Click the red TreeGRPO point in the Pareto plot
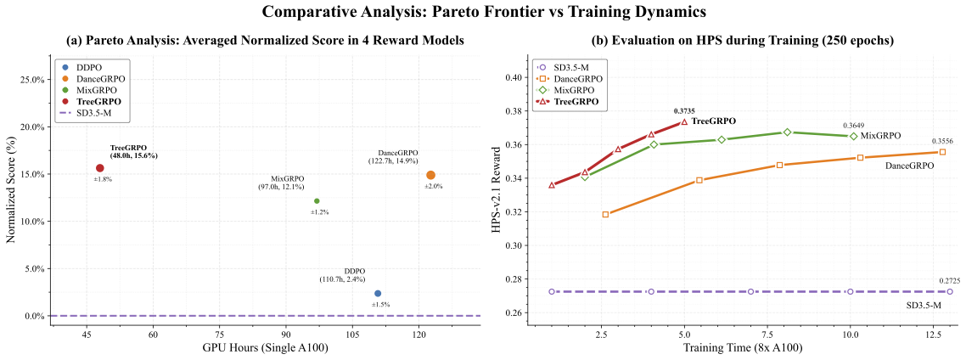99,168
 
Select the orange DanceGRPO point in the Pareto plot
430,175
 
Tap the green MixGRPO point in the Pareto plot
317,201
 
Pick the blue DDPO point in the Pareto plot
378,294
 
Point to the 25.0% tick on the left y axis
32,80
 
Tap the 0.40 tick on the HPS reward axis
511,77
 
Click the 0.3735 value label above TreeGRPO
684,110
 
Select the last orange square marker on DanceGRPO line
942,152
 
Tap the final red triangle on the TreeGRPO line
684,121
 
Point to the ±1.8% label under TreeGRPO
103,179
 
